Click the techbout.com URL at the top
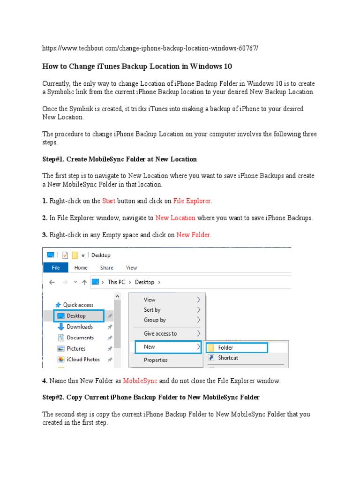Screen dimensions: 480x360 pyautogui.click(x=150, y=48)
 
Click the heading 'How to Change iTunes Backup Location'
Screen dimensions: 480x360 pyautogui.click(x=137, y=66)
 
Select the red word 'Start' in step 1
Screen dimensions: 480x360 pyautogui.click(x=109, y=201)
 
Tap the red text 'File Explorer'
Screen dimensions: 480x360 pyautogui.click(x=192, y=201)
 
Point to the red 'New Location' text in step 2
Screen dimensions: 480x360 pyautogui.click(x=175, y=218)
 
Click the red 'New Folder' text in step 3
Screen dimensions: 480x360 pyautogui.click(x=194, y=235)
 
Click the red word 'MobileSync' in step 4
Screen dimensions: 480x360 pyautogui.click(x=140, y=381)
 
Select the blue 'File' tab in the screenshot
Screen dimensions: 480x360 pyautogui.click(x=56, y=268)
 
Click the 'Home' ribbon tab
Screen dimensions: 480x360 pyautogui.click(x=81, y=268)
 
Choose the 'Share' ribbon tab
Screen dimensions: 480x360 pyautogui.click(x=106, y=268)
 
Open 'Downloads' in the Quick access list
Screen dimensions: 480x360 pyautogui.click(x=79, y=327)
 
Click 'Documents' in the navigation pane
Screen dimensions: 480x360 pyautogui.click(x=80, y=337)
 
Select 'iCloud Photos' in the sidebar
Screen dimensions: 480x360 pyautogui.click(x=83, y=360)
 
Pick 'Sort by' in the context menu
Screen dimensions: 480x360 pyautogui.click(x=152, y=310)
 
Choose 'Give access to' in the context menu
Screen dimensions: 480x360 pyautogui.click(x=160, y=333)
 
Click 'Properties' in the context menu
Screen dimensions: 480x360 pyautogui.click(x=156, y=360)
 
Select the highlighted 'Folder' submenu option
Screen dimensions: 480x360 pyautogui.click(x=225, y=347)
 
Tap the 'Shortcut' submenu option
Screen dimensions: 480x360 pyautogui.click(x=228, y=358)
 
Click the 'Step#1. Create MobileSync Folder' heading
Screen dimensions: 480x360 pyautogui.click(x=120, y=159)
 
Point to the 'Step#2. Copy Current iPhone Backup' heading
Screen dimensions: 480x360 pyautogui.click(x=150, y=397)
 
